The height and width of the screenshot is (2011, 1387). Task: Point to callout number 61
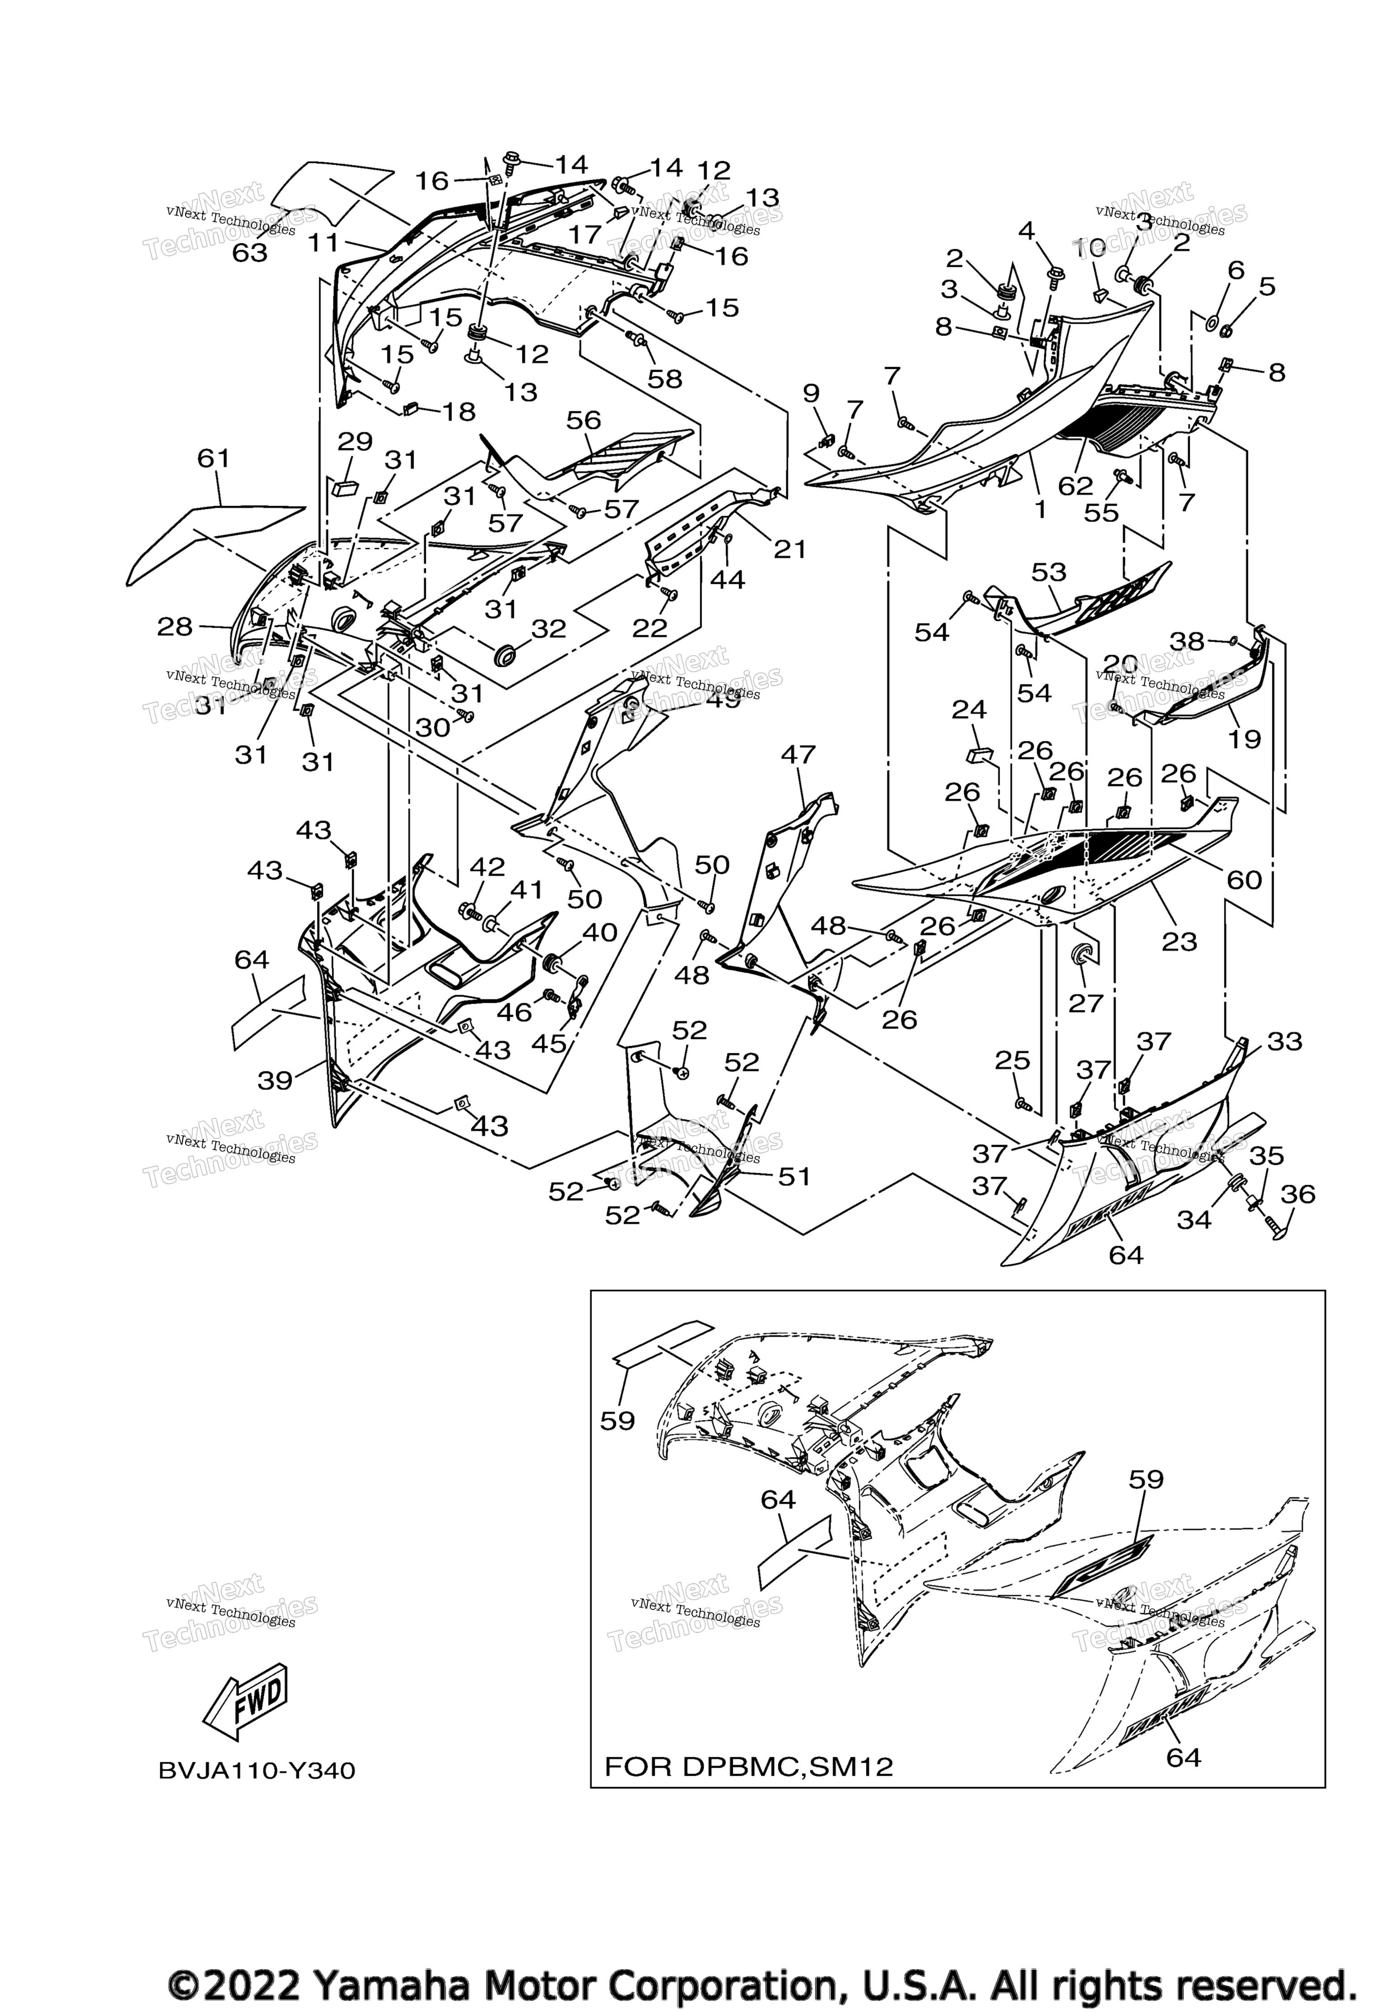214,458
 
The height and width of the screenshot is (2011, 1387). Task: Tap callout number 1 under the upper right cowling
1040,510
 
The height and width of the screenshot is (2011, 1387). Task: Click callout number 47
798,754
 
